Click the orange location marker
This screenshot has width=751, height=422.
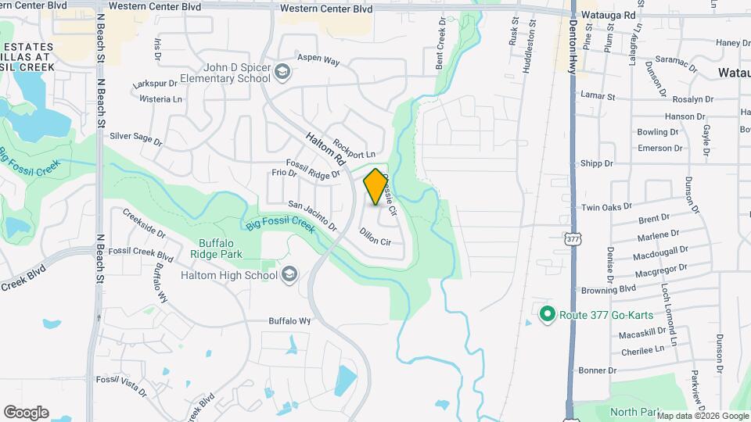pos(375,187)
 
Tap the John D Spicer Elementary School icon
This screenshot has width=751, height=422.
pos(283,73)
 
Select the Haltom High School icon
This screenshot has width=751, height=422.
pos(290,274)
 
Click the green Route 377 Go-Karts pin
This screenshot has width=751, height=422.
pos(548,315)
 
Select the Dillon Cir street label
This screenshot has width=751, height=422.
pos(375,236)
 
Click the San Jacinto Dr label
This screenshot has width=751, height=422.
pos(312,216)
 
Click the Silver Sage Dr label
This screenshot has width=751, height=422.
pos(135,139)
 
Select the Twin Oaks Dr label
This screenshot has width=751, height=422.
pos(604,208)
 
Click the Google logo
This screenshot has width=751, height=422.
pos(26,413)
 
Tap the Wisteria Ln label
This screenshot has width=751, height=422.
pos(160,99)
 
